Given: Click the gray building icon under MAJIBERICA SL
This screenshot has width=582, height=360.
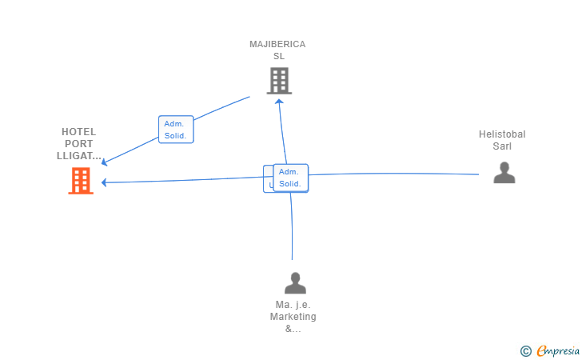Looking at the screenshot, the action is click(x=278, y=81).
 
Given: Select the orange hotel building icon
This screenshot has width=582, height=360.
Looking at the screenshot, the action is click(x=80, y=181).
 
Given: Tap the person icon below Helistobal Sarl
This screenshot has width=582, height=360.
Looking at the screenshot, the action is click(x=504, y=173).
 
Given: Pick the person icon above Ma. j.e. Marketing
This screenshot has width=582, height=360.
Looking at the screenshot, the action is click(x=295, y=283).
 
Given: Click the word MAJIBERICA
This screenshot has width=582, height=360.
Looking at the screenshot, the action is click(x=277, y=44).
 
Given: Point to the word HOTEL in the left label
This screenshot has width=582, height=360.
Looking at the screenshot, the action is click(x=78, y=132).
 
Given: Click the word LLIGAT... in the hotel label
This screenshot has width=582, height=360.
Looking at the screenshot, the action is click(x=79, y=156).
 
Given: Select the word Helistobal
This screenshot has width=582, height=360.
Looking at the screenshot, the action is click(x=502, y=134).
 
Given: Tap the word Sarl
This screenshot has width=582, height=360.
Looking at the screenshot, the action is click(x=502, y=146).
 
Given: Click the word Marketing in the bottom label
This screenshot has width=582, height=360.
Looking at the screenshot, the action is click(x=293, y=317).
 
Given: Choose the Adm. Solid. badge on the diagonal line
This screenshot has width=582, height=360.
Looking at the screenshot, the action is click(x=177, y=130).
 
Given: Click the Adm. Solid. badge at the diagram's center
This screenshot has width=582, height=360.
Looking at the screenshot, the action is click(x=290, y=178).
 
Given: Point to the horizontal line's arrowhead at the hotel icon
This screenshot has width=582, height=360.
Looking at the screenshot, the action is click(x=105, y=182).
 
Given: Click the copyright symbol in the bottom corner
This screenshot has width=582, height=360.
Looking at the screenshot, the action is click(x=525, y=350).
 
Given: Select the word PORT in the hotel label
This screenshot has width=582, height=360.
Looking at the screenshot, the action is click(x=79, y=144).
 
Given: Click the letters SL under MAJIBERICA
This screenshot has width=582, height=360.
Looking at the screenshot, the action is click(x=278, y=56).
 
